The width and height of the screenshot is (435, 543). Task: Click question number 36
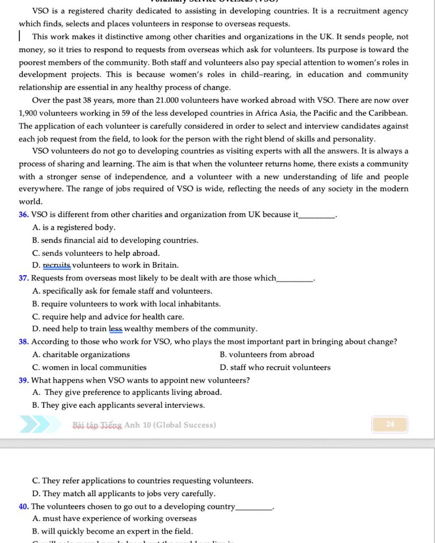coord(24,215)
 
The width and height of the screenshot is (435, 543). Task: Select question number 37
coord(24,278)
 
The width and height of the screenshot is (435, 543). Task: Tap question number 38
coord(24,342)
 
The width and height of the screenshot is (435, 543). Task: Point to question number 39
coord(24,380)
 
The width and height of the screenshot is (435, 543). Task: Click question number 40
coord(24,506)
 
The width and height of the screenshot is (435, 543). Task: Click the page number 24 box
coord(390,424)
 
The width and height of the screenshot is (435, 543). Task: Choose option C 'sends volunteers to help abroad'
coord(96,253)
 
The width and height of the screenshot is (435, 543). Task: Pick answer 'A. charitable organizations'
coord(81,355)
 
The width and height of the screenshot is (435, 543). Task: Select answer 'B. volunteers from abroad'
coord(267,355)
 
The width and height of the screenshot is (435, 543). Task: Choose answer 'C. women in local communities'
coord(89,368)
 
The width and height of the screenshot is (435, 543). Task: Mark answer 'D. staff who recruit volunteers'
coord(275,368)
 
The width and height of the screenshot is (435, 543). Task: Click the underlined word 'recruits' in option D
coord(56,266)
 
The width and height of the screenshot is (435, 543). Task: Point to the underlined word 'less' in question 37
coord(116,329)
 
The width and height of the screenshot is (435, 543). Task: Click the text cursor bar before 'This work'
coord(20,37)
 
